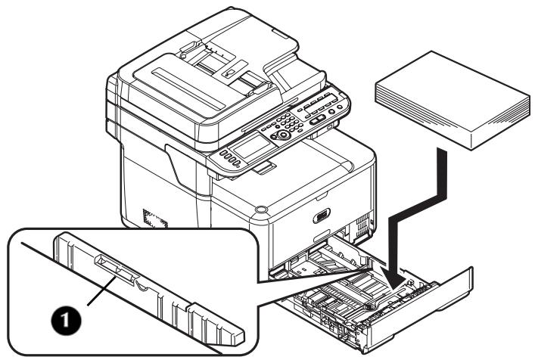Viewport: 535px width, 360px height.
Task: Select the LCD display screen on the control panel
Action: click(250, 141)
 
